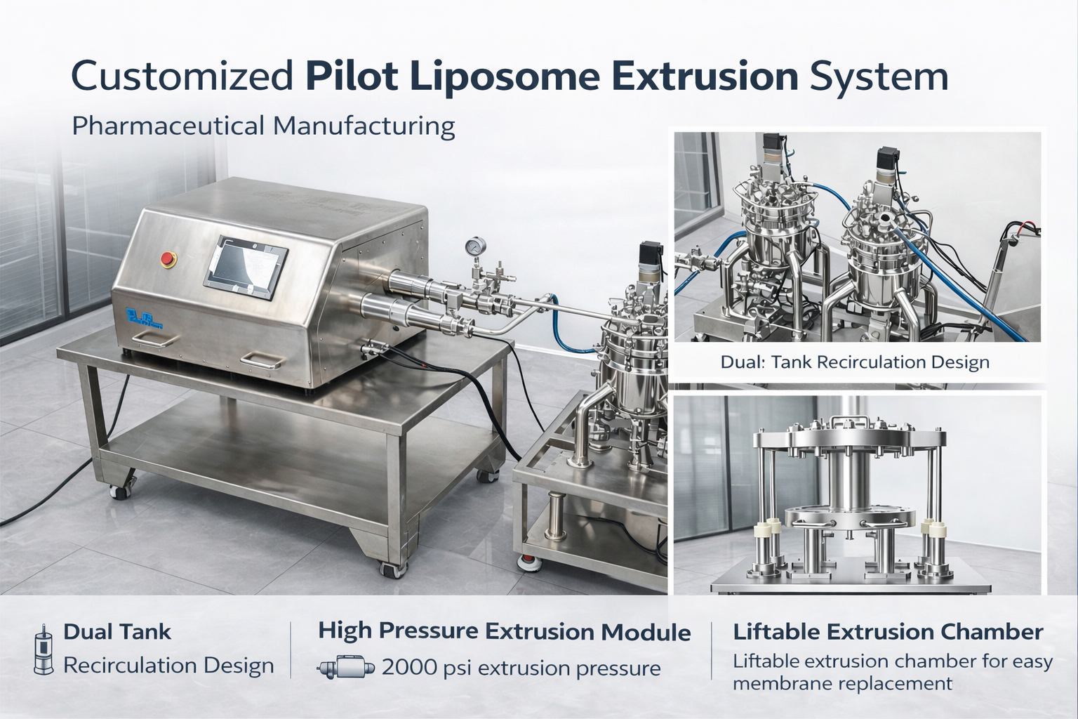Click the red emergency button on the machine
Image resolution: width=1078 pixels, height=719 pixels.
pos(168,259)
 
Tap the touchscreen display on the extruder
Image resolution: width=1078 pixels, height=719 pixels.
pos(246,268)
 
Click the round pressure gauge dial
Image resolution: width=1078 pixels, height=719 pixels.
pos(475,246)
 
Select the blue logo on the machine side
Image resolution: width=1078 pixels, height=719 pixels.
pos(143,318)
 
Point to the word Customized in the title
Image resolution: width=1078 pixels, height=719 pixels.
pos(182,76)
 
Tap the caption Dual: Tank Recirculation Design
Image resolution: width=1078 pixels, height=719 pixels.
pos(855,362)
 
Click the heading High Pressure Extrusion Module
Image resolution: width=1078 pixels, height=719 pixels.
pos(505,632)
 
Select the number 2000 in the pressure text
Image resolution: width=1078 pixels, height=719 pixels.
pos(409,668)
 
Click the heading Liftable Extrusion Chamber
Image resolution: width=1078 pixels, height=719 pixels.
pos(888,632)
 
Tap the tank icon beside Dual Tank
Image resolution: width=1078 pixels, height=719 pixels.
pos(44,649)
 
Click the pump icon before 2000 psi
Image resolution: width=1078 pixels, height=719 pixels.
pos(345,667)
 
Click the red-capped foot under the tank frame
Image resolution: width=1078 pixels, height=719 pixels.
pos(530,562)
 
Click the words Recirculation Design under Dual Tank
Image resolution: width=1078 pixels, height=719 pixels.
pos(168,666)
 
